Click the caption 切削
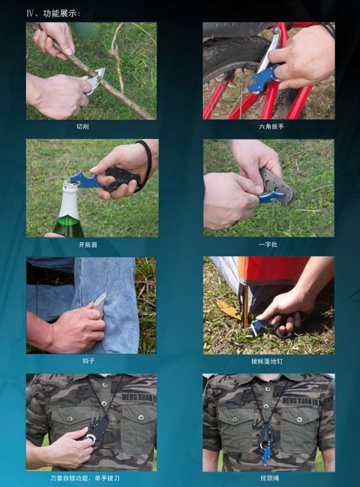[83, 127]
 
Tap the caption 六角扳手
[271, 127]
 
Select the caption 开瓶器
[88, 245]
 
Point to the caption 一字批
[268, 245]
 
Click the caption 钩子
[88, 361]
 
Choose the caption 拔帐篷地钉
[267, 362]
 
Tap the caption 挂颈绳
[269, 478]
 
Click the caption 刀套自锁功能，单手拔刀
[85, 478]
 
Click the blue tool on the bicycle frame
[263, 78]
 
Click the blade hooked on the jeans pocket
[100, 304]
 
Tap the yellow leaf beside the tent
[228, 309]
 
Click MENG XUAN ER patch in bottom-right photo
[300, 401]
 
